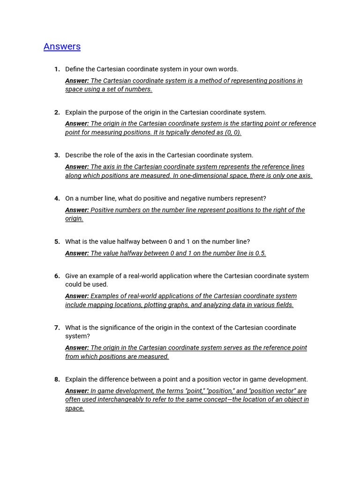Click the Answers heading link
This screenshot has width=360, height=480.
(x=62, y=46)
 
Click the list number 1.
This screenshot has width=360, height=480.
(x=57, y=69)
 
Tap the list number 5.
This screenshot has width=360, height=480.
(x=57, y=242)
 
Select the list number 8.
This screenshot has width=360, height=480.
(x=57, y=380)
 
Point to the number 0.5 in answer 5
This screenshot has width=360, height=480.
(x=260, y=253)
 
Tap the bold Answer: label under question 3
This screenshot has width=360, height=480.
(x=77, y=167)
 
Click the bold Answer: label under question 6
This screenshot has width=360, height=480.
(x=77, y=296)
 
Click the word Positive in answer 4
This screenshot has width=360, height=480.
(x=103, y=210)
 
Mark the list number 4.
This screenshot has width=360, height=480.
(x=57, y=199)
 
